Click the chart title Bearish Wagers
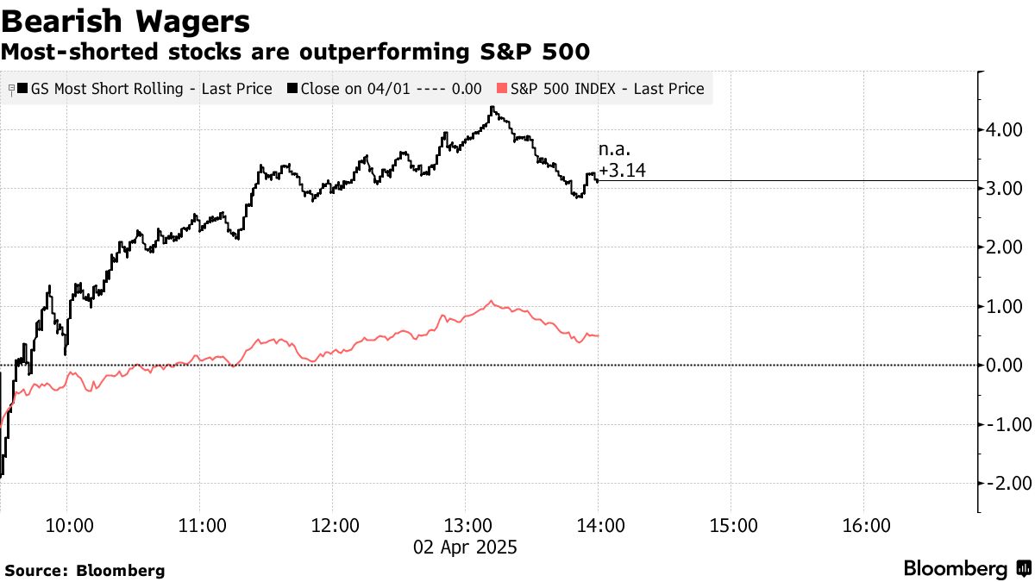tap(127, 22)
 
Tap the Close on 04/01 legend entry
tap(385, 89)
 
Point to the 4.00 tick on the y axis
tap(1005, 130)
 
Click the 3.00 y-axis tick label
tap(1005, 189)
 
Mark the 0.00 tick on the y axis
tap(1005, 366)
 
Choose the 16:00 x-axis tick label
tap(865, 526)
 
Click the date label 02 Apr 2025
tap(467, 547)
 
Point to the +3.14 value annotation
tap(622, 171)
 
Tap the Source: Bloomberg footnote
tap(85, 570)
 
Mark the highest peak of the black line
tap(492, 108)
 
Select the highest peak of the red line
tap(491, 301)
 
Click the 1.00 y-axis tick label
tap(1005, 307)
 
